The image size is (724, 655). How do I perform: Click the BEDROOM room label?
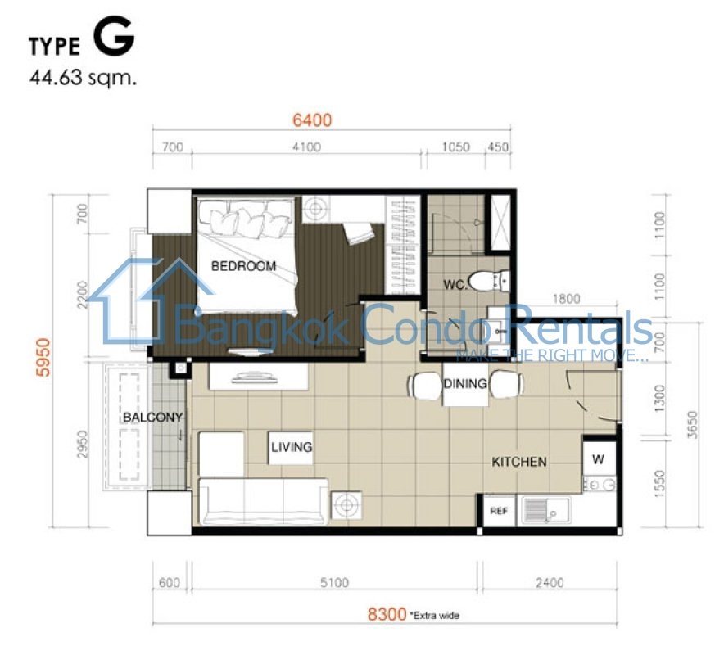tap(243, 266)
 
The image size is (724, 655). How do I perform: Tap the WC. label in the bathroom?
tap(455, 285)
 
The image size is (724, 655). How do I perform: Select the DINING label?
tap(465, 383)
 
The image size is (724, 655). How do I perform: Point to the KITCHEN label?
tap(519, 462)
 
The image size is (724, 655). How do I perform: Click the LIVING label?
tap(292, 447)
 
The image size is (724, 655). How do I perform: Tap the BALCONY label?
tap(152, 418)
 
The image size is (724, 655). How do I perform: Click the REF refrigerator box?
tap(499, 511)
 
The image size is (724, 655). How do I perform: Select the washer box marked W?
tap(599, 458)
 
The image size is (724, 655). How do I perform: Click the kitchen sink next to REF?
tap(545, 511)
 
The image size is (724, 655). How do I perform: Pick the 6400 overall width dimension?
tap(312, 120)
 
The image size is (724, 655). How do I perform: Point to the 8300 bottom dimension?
tap(387, 614)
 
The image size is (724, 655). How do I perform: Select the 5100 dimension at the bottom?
tap(334, 582)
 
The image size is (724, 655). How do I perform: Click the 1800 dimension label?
tap(566, 299)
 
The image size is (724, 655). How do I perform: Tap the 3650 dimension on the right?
tap(692, 425)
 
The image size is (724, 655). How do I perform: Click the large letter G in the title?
tap(114, 38)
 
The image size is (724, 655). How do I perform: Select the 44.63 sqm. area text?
tap(83, 78)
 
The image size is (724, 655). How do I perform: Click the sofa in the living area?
tap(263, 501)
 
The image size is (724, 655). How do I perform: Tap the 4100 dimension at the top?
tap(306, 147)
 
